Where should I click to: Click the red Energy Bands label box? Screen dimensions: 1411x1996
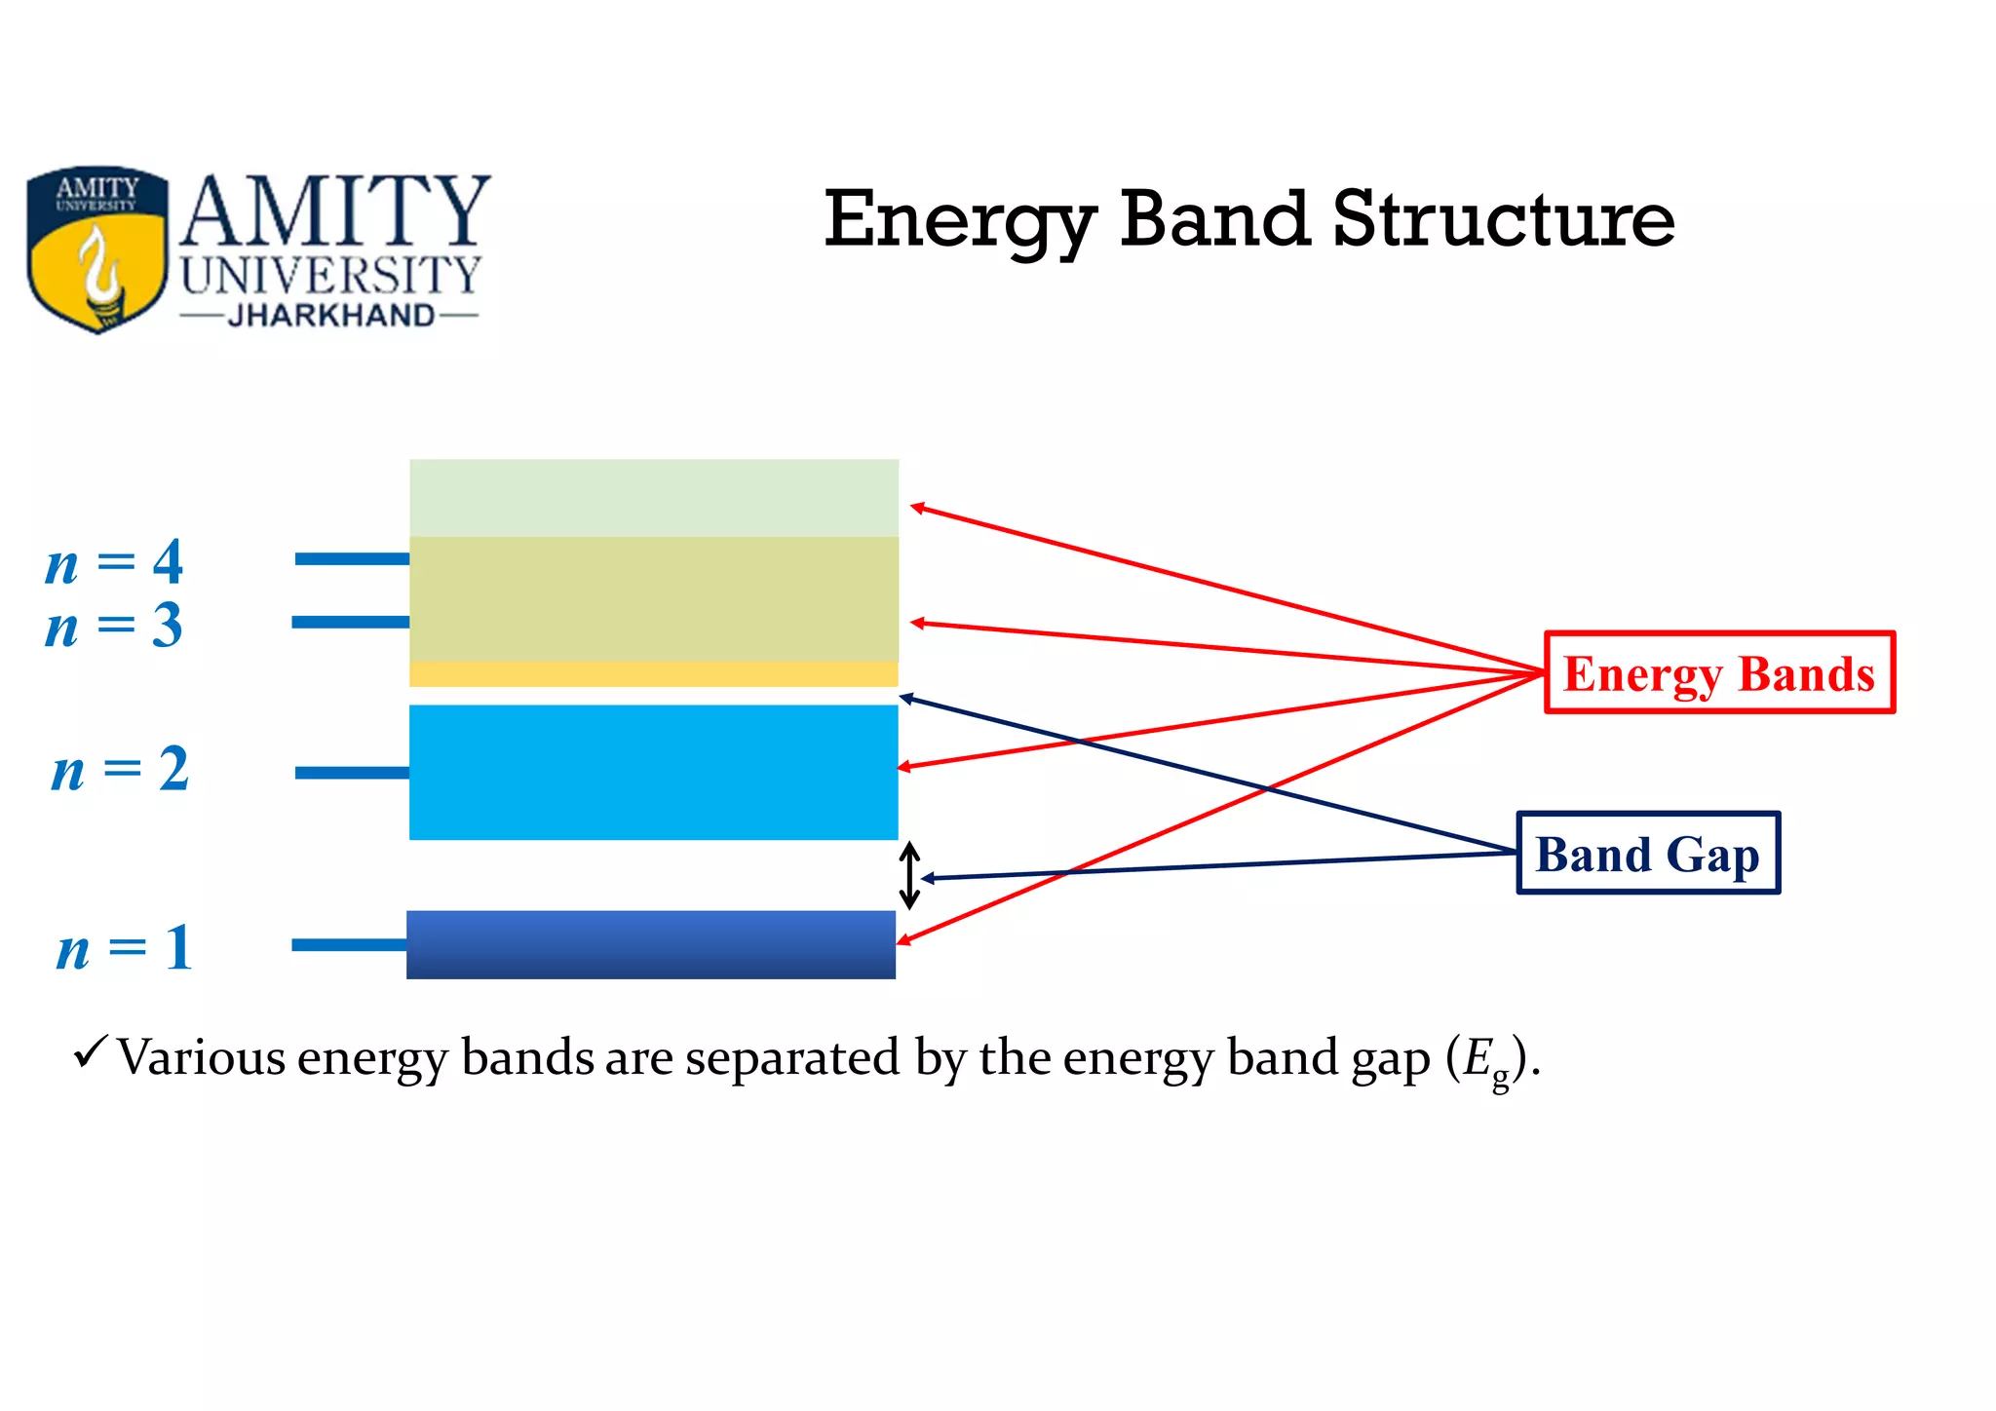(x=1719, y=673)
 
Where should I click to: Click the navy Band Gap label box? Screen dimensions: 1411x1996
(x=1648, y=854)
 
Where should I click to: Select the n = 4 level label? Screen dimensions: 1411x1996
(x=115, y=562)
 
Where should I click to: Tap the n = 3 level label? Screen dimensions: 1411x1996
(x=115, y=626)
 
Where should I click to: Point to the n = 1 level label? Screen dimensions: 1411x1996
(x=125, y=947)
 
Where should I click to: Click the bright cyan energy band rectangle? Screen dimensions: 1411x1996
(x=653, y=772)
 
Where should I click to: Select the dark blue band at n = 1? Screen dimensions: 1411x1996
(x=651, y=944)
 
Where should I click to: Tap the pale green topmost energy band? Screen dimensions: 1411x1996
(x=653, y=497)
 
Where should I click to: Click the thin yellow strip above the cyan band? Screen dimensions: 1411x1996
(x=653, y=674)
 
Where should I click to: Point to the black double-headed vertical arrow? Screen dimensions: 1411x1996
(x=909, y=875)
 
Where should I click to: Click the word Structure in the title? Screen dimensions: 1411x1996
(x=1503, y=219)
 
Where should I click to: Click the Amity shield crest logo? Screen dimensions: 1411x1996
(x=96, y=249)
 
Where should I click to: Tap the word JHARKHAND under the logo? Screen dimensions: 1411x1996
(x=330, y=316)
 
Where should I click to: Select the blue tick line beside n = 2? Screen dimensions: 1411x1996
(x=352, y=773)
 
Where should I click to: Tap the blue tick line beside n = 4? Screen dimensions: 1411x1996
(x=352, y=558)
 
